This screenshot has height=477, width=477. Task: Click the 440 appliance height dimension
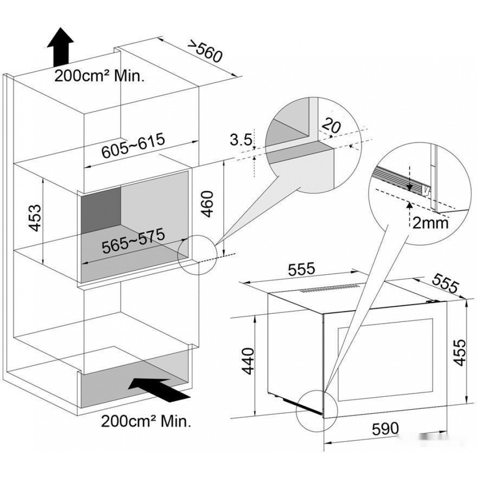(249, 361)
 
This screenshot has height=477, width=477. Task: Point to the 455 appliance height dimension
(459, 353)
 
